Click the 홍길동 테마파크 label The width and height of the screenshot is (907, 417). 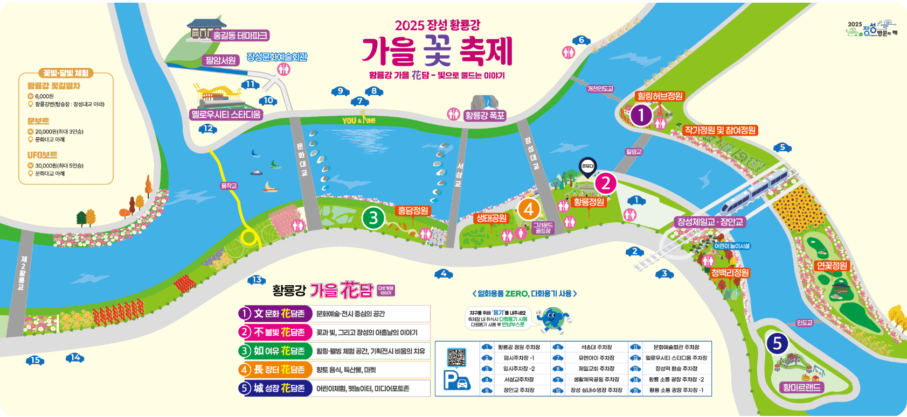[240, 36]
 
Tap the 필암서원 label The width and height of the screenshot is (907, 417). [220, 60]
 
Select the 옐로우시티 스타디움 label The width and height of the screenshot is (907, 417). [226, 115]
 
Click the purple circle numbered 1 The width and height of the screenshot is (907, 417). [641, 115]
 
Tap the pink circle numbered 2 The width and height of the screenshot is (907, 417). [606, 183]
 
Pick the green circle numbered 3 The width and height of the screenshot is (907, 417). [373, 218]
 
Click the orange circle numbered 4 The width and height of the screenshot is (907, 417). [529, 209]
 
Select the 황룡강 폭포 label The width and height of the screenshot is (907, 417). [484, 115]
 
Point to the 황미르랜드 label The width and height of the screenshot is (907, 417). [801, 387]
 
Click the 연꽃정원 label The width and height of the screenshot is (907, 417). [832, 266]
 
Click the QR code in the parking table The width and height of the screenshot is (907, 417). [456, 357]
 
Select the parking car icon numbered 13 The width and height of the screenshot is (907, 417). [257, 280]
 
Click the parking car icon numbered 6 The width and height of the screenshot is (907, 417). [581, 40]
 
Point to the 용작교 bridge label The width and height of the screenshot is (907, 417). [229, 186]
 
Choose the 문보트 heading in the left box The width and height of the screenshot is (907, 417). [38, 121]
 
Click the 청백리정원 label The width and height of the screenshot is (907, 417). [729, 273]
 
